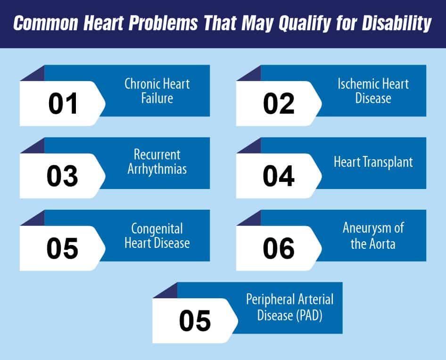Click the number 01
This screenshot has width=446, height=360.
(63, 104)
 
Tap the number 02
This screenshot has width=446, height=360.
(279, 104)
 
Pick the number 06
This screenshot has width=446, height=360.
(279, 248)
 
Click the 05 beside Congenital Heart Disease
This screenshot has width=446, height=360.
(62, 248)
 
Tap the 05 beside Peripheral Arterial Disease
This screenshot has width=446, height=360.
(195, 321)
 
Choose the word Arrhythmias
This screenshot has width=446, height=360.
(157, 169)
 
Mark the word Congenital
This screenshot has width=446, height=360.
(157, 229)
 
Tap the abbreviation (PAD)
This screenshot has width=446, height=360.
(309, 315)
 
